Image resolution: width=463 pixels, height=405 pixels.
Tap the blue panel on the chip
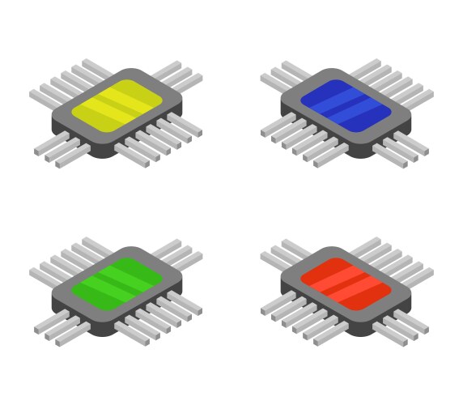point(346,104)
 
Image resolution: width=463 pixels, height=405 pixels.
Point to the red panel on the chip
point(346,283)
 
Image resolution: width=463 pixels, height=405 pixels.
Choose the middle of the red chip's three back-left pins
point(280,255)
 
